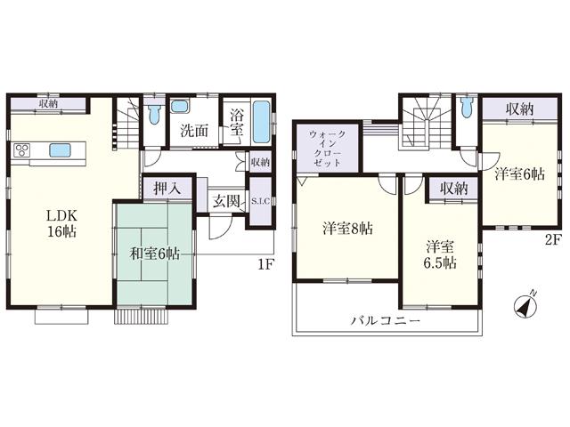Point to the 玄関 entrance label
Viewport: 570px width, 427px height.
point(225,201)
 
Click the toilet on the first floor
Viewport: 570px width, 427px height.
point(155,115)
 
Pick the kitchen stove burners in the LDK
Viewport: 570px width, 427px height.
point(21,149)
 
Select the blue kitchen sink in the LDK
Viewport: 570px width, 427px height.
point(61,149)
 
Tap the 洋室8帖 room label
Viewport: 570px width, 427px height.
point(347,228)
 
